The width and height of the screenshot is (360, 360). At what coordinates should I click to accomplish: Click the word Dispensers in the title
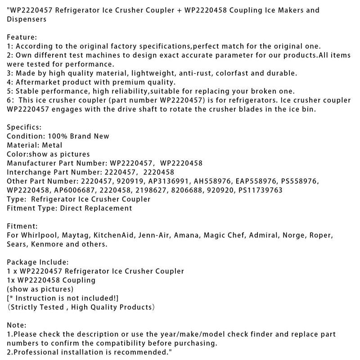tap(26, 19)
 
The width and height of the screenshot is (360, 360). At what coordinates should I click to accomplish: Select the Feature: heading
tap(21, 37)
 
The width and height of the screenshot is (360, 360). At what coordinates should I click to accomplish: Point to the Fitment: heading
tap(22, 226)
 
